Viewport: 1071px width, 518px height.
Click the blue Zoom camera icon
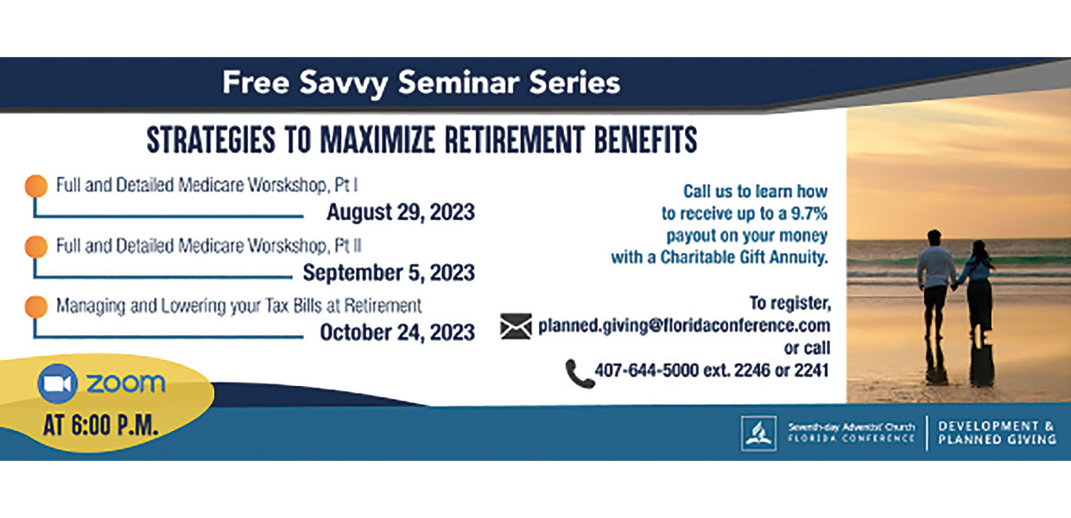coord(57,383)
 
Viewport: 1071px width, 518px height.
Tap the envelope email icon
coord(516,326)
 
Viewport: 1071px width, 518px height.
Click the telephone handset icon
coord(580,374)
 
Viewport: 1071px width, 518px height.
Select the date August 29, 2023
coord(401,212)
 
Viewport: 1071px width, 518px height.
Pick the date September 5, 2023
coord(389,272)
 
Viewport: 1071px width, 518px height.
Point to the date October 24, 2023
coord(397,332)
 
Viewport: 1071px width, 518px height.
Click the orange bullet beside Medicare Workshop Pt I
coord(36,186)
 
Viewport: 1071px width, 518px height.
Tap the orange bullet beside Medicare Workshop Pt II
coord(36,247)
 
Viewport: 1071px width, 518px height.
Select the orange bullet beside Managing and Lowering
coord(36,306)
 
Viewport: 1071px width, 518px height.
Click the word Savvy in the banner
coord(343,83)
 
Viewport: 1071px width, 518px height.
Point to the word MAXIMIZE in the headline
coord(377,140)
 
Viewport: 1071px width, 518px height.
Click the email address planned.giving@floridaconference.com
coord(684,325)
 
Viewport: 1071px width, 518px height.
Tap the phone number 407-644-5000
coord(646,370)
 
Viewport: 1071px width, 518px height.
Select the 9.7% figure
coord(809,213)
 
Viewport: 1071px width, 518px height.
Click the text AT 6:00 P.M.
coord(100,426)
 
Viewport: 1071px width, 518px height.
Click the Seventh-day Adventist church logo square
coord(759,433)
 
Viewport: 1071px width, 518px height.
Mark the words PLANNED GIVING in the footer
coord(997,439)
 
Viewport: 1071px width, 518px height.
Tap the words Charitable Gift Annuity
coord(744,257)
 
